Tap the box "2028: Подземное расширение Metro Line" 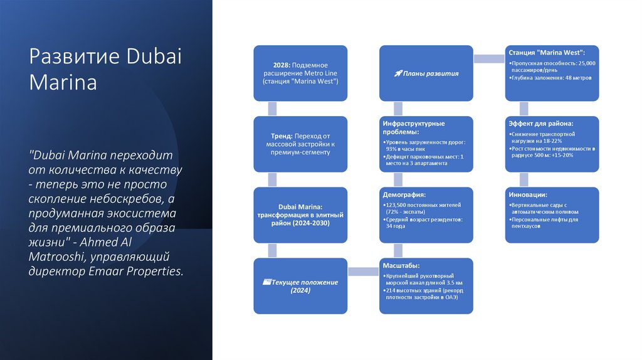pos(300,73)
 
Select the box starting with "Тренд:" pos(300,144)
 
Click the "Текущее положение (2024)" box pos(300,286)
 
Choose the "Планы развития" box pos(426,73)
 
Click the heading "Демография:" pos(404,195)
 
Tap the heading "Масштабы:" pos(402,266)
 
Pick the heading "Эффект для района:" pos(540,124)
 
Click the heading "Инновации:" pos(528,194)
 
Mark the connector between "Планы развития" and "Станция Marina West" pos(489,59)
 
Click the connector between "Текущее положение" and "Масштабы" pos(364,272)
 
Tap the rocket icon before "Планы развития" pos(397,73)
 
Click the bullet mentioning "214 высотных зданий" pos(421,294)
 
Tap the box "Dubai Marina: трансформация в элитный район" pos(300,214)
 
